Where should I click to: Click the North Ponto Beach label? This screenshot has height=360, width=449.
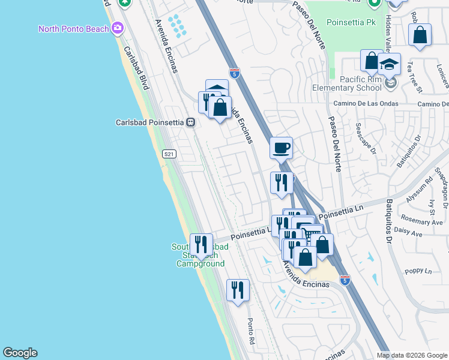click(x=74, y=29)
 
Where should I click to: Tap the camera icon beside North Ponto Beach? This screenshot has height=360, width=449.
click(x=118, y=28)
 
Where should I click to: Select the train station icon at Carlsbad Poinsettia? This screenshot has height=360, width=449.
click(x=190, y=122)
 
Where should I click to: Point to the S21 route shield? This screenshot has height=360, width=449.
click(x=169, y=154)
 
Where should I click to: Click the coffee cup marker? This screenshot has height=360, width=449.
click(x=281, y=148)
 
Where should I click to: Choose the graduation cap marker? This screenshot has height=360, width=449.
click(x=389, y=63)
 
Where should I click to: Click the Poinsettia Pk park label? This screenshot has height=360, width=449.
click(x=351, y=22)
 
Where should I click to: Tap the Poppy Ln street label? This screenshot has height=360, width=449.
click(x=418, y=271)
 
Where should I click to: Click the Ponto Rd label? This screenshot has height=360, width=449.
click(x=252, y=331)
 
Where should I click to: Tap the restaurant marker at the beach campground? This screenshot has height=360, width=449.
click(x=201, y=244)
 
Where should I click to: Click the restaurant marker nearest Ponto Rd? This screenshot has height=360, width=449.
click(x=238, y=290)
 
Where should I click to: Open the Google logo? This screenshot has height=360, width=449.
click(x=20, y=353)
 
